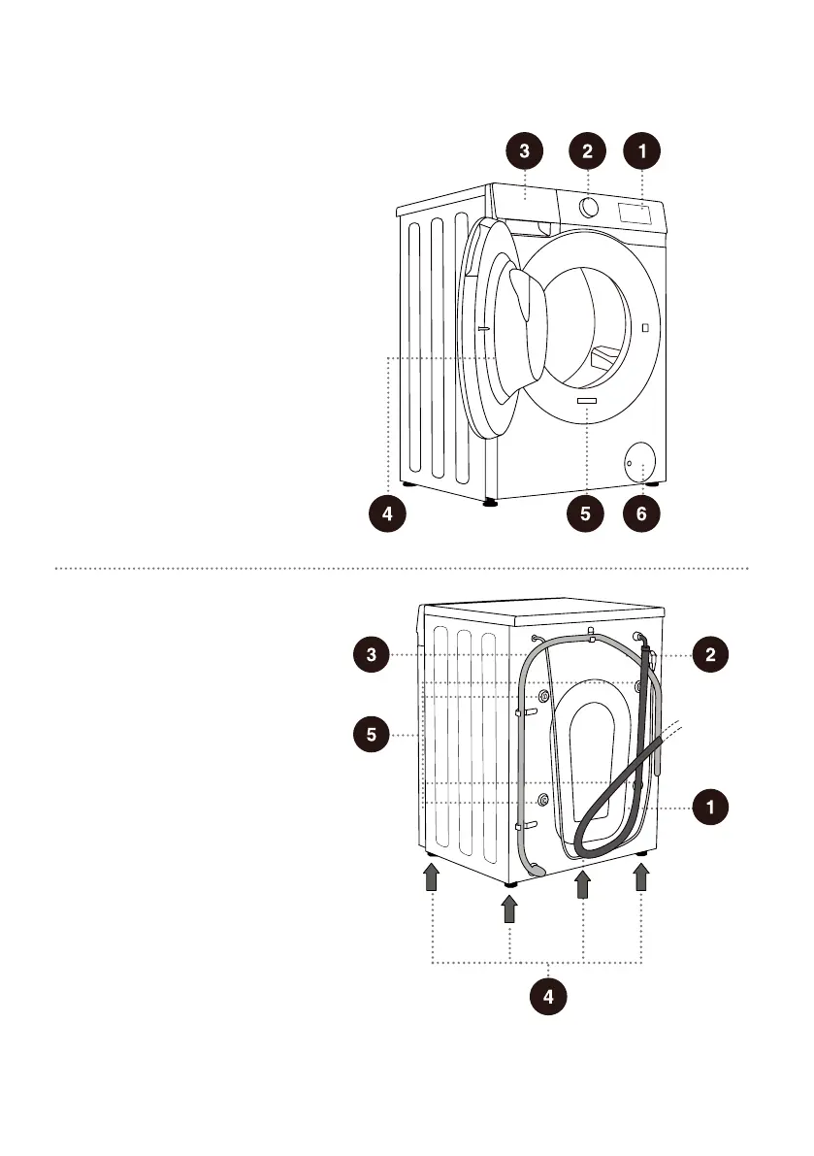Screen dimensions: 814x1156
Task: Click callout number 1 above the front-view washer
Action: point(641,150)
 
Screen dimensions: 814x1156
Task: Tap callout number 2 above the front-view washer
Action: point(587,150)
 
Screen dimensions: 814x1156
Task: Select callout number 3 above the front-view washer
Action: point(524,150)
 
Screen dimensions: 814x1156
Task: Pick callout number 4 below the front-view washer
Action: point(387,515)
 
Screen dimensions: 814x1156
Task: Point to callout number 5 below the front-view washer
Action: point(585,515)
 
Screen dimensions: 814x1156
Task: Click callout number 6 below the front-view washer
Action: point(641,515)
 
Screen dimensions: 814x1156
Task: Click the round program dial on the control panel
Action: point(588,206)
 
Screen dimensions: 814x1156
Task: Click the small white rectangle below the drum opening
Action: point(587,400)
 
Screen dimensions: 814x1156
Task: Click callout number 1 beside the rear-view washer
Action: point(711,806)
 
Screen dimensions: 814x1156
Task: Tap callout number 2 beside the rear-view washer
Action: point(711,654)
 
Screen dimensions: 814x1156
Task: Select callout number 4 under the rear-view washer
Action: point(550,996)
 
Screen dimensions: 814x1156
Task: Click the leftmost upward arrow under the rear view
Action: point(432,878)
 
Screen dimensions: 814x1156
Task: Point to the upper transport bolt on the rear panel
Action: point(542,698)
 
